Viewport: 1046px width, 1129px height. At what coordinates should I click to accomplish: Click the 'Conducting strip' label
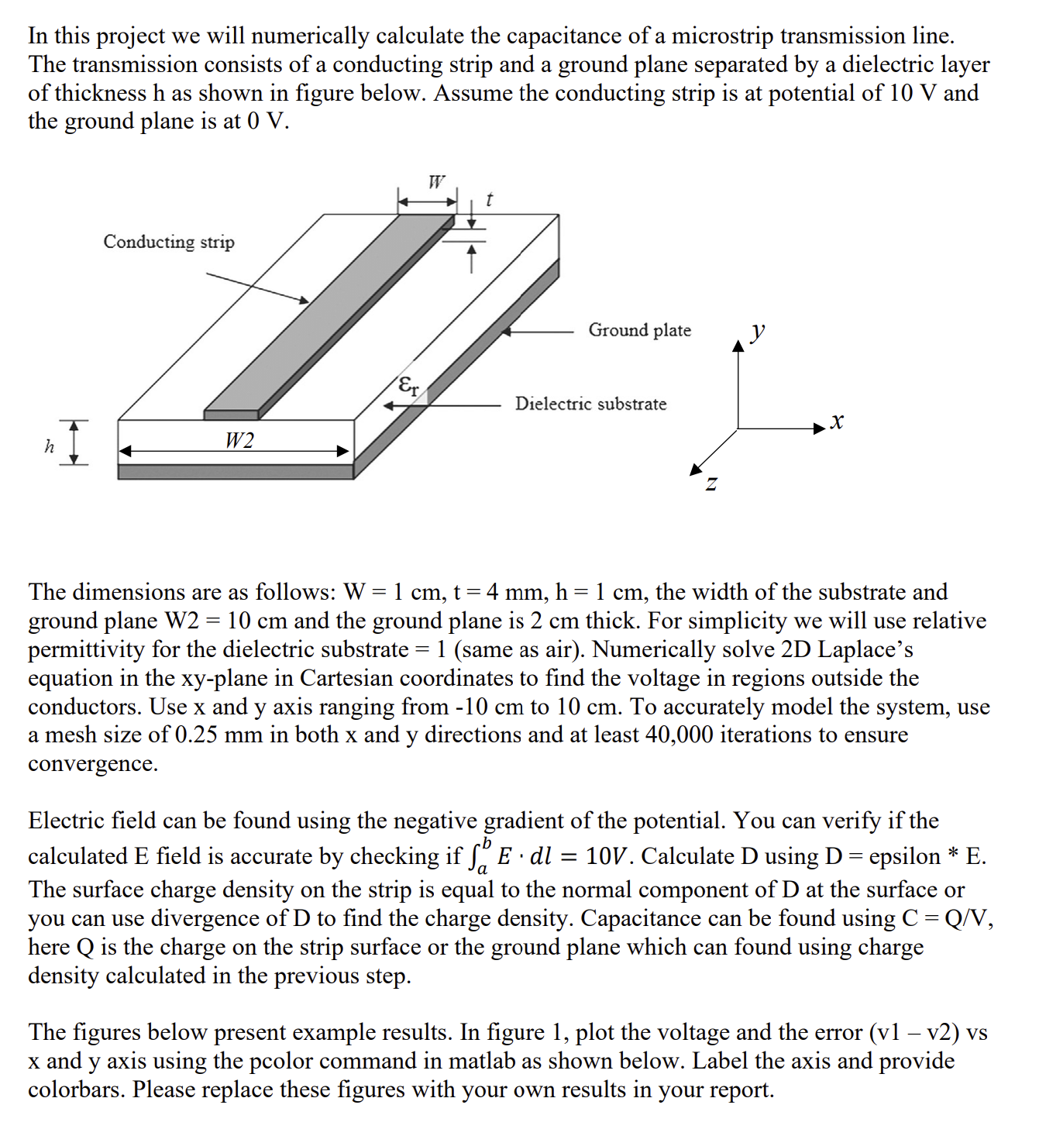point(169,242)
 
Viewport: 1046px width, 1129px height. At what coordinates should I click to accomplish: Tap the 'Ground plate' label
point(639,330)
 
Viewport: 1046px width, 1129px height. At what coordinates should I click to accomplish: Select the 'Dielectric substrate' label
point(590,404)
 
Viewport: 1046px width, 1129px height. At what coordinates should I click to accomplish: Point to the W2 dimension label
point(239,440)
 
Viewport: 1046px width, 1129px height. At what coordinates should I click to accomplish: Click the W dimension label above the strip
point(436,182)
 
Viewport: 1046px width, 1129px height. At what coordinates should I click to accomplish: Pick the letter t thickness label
point(489,200)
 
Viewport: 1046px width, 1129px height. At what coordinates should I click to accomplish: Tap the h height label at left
point(50,446)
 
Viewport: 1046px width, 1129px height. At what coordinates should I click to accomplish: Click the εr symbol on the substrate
point(408,385)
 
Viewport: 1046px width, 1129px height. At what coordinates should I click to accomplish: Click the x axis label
point(835,422)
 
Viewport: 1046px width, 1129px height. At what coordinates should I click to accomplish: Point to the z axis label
point(711,484)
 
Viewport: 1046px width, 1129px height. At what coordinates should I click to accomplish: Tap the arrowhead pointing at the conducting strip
point(304,299)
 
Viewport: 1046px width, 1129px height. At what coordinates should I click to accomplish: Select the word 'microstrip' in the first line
point(724,36)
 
